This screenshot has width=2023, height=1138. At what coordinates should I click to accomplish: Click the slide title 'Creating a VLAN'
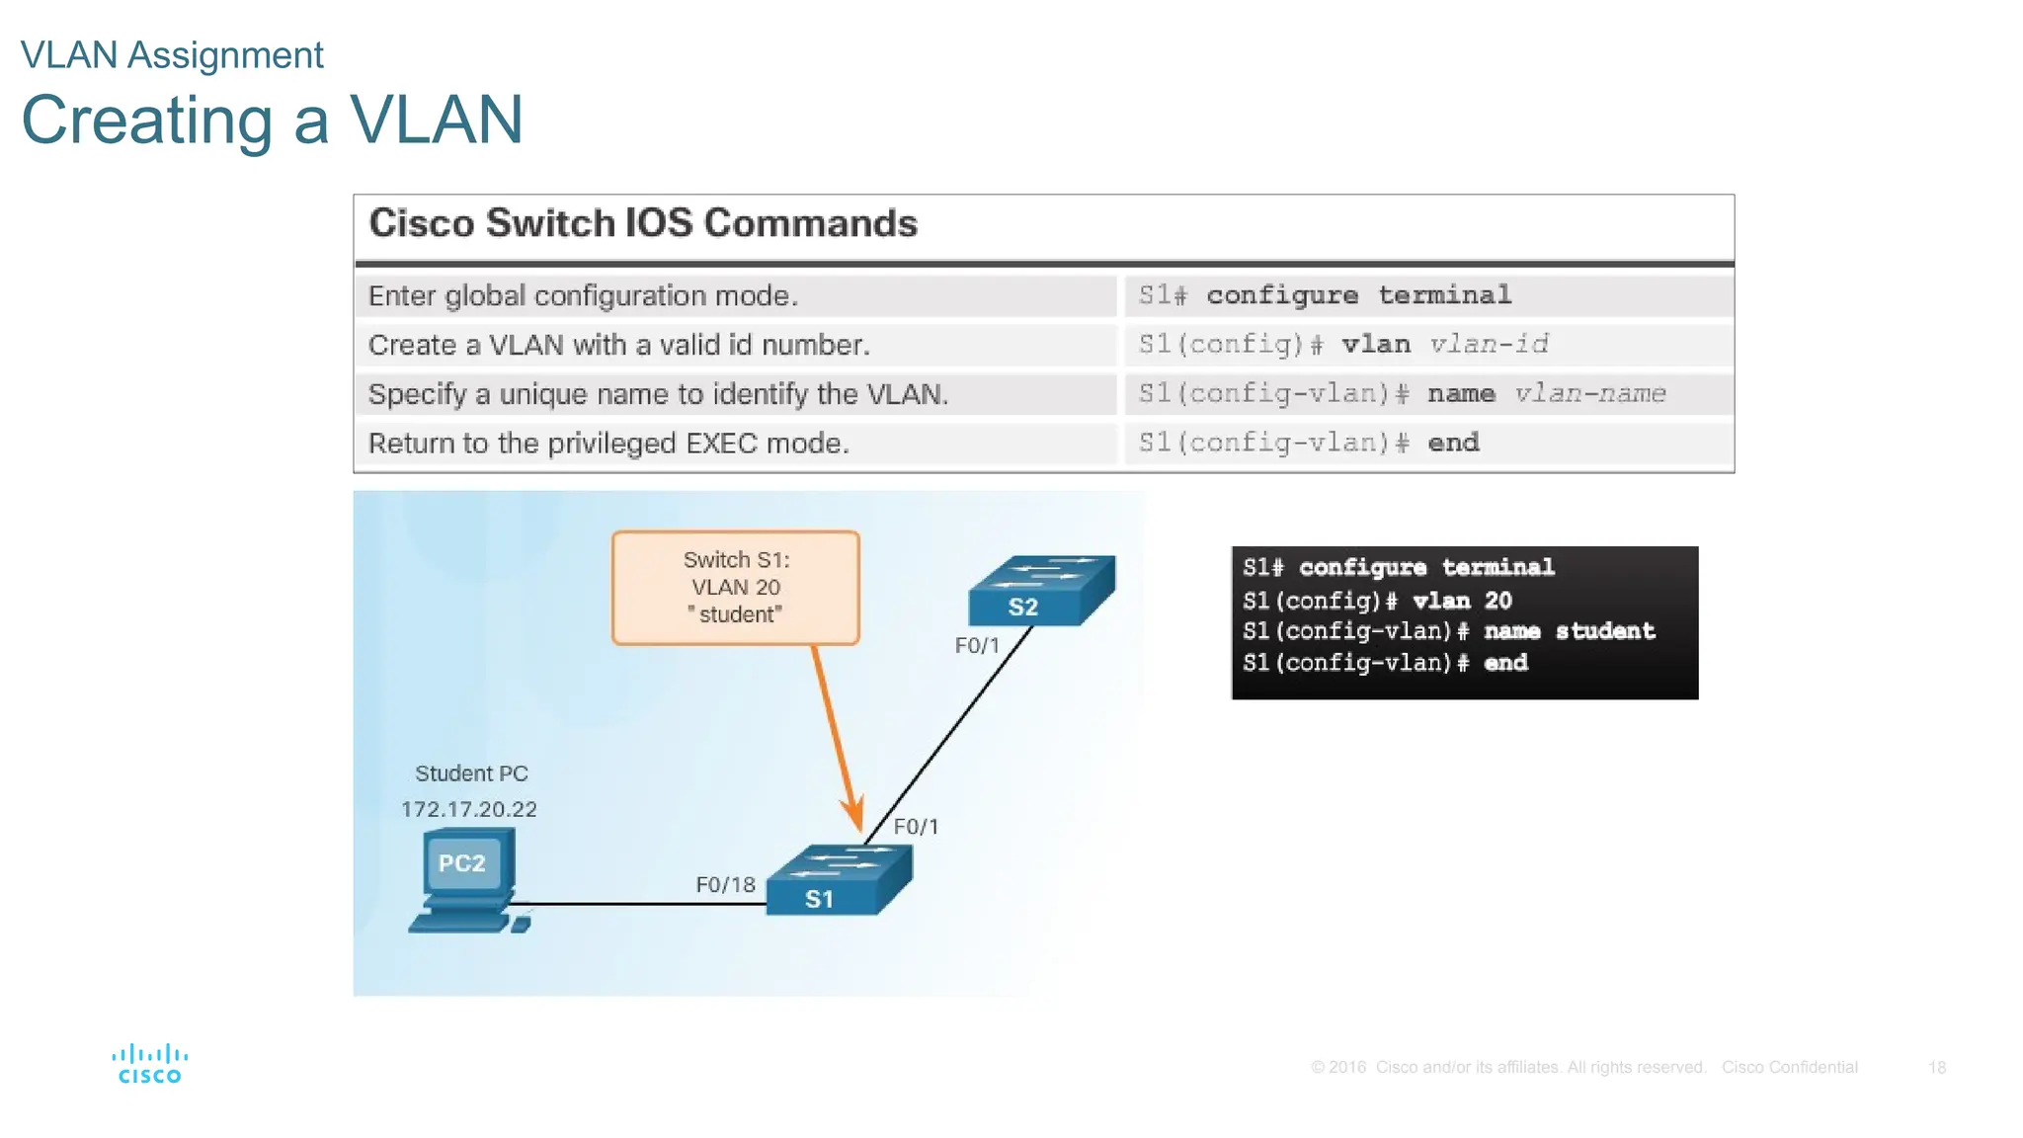pyautogui.click(x=272, y=121)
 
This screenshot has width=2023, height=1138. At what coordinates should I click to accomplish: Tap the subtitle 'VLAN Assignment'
pyautogui.click(x=172, y=55)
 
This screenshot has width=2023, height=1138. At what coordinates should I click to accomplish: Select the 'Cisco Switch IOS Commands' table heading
pyautogui.click(x=643, y=223)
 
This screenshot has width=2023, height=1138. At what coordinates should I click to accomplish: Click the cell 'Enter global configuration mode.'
pyautogui.click(x=583, y=295)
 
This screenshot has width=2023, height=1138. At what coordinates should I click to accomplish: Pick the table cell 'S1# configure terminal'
pyautogui.click(x=1325, y=295)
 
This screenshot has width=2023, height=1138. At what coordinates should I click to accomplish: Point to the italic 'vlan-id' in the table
pyautogui.click(x=1489, y=344)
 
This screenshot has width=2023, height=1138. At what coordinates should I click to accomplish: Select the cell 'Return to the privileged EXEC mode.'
pyautogui.click(x=608, y=443)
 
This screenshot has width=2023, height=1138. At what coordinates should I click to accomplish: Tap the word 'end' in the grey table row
pyautogui.click(x=1453, y=443)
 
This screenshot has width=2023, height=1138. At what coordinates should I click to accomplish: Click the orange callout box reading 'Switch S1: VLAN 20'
pyautogui.click(x=736, y=588)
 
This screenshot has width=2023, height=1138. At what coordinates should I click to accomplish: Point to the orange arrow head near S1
pyautogui.click(x=852, y=815)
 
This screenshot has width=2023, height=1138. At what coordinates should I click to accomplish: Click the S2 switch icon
pyautogui.click(x=1041, y=592)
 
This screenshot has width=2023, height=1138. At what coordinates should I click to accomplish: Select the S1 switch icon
pyautogui.click(x=839, y=880)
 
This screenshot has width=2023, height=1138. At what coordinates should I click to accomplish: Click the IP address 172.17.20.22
pyautogui.click(x=469, y=809)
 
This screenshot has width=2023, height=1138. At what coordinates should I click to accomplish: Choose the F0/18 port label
pyautogui.click(x=725, y=884)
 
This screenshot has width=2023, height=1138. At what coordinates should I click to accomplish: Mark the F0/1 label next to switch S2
pyautogui.click(x=977, y=646)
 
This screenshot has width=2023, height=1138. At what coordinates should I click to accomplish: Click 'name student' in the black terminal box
pyautogui.click(x=1569, y=631)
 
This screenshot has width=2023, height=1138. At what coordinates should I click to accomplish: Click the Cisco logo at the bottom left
pyautogui.click(x=149, y=1065)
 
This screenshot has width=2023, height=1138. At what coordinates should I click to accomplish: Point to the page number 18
pyautogui.click(x=1936, y=1068)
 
